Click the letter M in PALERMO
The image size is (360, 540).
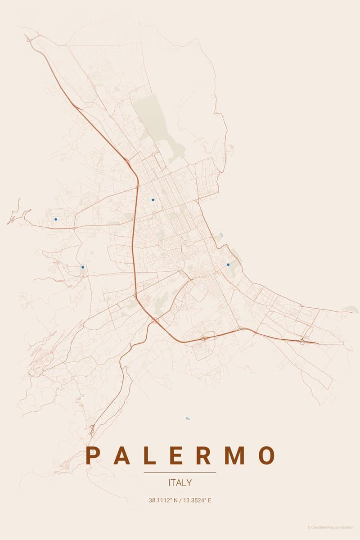234,455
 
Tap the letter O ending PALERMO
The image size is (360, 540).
266,455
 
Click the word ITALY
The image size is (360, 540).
180,483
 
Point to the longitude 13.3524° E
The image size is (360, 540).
196,500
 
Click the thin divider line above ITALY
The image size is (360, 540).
180,472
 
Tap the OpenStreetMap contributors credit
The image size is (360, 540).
331,527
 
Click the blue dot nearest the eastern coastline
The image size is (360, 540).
228,265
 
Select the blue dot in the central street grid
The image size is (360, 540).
153,200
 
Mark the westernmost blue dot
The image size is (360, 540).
56,219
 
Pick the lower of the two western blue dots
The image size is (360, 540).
83,267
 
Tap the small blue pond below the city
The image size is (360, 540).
188,418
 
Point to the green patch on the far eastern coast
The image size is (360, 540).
351,309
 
